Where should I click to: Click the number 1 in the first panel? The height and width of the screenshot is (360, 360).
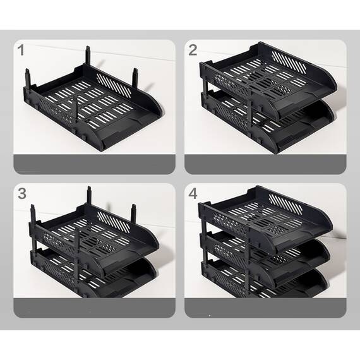(21, 50)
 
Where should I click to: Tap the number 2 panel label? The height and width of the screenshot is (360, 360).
(193, 50)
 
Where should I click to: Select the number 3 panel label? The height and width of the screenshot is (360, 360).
(22, 193)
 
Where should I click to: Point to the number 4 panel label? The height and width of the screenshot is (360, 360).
(193, 193)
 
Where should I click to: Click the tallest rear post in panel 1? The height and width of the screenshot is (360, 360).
(88, 56)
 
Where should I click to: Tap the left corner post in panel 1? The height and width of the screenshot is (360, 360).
(28, 78)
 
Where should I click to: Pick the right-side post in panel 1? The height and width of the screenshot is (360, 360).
(135, 78)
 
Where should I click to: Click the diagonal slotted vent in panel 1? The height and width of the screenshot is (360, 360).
(114, 85)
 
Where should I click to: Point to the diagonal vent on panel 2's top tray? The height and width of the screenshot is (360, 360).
(289, 61)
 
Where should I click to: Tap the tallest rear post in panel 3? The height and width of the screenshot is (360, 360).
(89, 195)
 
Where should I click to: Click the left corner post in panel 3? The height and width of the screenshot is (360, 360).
(33, 215)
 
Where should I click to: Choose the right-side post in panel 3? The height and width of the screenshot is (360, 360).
(135, 213)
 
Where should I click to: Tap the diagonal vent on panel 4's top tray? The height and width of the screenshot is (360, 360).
(285, 205)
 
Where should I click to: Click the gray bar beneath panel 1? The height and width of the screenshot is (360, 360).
(94, 164)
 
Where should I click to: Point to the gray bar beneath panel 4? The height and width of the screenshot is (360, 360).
(265, 308)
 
